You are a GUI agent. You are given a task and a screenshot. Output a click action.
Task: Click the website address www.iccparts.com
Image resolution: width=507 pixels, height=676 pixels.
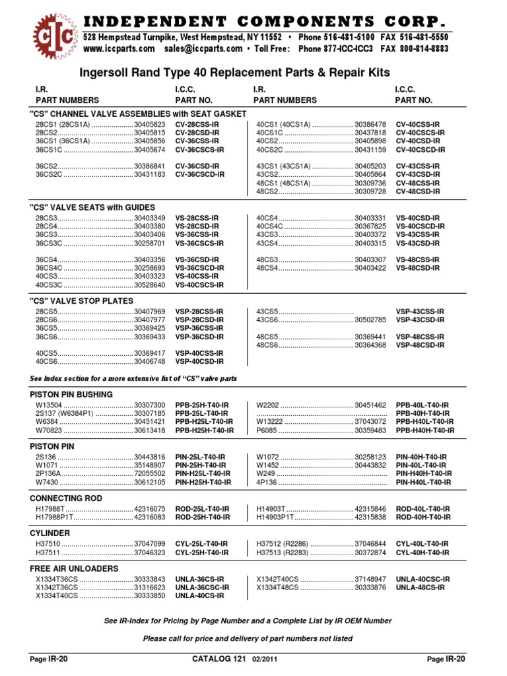(119, 49)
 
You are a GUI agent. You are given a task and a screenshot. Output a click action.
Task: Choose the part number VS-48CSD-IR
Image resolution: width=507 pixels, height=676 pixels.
(417, 269)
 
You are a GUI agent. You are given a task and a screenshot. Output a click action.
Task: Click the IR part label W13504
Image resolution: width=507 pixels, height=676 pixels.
(49, 405)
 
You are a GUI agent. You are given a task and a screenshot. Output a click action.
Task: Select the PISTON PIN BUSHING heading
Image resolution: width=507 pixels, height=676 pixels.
(71, 395)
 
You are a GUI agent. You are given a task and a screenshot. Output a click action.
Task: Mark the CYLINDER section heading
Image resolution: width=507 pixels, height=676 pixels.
(50, 533)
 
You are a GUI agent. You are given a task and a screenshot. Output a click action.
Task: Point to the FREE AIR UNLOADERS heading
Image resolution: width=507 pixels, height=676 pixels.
(74, 568)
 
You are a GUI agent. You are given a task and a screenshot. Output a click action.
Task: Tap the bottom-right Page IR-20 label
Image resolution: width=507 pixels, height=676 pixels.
(446, 659)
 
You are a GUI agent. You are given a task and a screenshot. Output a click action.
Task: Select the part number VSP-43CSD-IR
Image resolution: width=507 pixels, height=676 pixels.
(420, 320)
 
